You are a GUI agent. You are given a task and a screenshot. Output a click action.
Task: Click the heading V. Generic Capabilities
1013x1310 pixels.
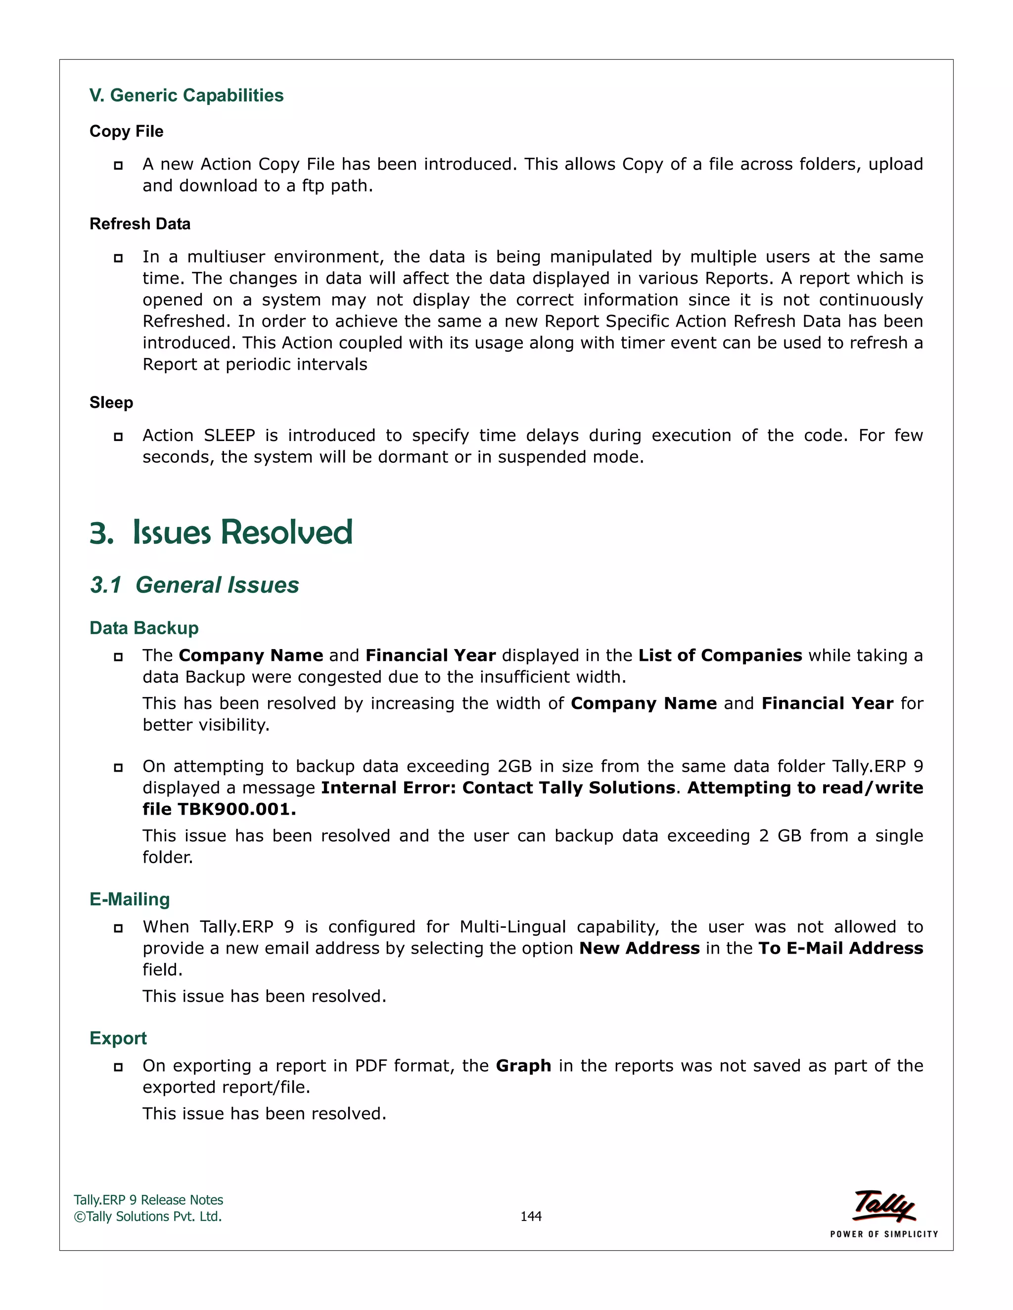click(186, 95)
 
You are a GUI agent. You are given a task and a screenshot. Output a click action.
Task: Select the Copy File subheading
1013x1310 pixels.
click(126, 131)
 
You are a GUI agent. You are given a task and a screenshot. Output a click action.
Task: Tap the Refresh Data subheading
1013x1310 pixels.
click(140, 224)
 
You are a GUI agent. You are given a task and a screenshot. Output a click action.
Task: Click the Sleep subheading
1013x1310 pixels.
click(111, 402)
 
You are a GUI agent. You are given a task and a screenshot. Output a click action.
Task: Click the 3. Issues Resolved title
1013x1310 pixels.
click(221, 532)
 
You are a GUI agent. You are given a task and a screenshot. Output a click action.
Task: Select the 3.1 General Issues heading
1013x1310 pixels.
click(194, 585)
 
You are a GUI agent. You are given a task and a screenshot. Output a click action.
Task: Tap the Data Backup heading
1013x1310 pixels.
click(144, 628)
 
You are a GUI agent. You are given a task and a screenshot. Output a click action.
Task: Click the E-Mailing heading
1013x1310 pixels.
click(130, 899)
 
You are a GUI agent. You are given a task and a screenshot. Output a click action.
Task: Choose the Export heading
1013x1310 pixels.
click(118, 1038)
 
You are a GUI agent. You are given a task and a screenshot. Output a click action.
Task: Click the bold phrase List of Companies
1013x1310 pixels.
click(720, 655)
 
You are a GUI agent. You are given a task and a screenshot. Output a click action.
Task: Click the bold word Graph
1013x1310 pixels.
click(523, 1066)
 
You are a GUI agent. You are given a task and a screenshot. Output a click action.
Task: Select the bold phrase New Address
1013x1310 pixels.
click(639, 948)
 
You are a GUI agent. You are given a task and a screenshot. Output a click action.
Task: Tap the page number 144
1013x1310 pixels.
click(531, 1217)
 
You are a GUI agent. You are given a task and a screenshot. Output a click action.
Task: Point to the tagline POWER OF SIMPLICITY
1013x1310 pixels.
click(884, 1234)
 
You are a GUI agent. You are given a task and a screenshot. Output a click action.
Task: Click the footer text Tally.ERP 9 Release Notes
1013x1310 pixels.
click(148, 1200)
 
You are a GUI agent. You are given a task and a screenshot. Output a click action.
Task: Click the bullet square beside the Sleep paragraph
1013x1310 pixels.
click(118, 437)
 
